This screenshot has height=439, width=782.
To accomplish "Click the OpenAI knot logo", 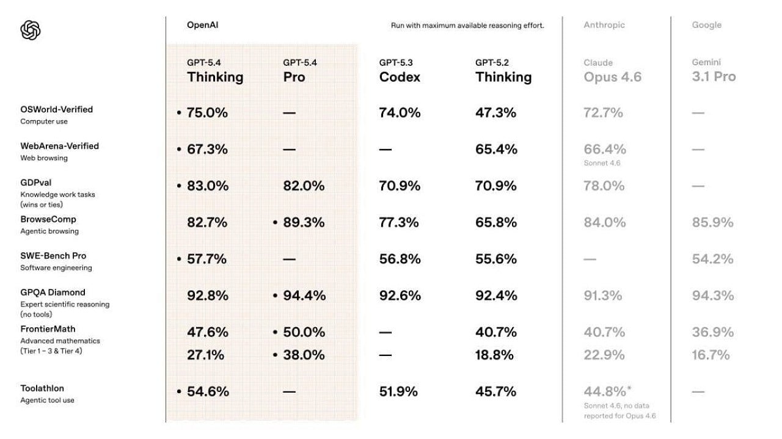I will tap(31, 30).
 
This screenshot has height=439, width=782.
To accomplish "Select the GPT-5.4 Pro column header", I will tap(300, 71).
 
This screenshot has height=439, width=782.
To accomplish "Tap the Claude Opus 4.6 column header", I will tap(612, 71).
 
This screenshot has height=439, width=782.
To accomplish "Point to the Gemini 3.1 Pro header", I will tap(714, 71).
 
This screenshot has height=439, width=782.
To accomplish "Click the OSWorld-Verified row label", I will tap(56, 109).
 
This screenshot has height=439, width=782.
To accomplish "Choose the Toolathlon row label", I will tap(42, 388).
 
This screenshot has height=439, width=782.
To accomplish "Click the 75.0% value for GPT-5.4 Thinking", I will tap(207, 112).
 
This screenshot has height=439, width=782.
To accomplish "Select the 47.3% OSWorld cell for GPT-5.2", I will tap(495, 112).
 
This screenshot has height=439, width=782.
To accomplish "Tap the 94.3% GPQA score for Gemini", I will tap(712, 296).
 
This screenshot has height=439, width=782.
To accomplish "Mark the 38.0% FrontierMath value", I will tap(304, 355).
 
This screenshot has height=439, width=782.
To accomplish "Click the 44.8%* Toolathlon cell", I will tap(607, 391).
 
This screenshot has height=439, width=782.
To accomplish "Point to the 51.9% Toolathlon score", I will tap(398, 391).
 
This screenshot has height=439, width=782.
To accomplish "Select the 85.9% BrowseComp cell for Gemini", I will tap(712, 222).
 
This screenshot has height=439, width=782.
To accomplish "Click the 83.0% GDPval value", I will tap(207, 186).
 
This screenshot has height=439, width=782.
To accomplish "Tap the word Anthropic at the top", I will tap(604, 25).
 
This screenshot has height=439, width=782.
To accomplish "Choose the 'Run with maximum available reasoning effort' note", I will tap(467, 26).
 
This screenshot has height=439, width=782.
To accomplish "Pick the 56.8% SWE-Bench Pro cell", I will tap(400, 259).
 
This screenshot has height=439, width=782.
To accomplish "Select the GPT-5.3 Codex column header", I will tap(400, 71).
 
